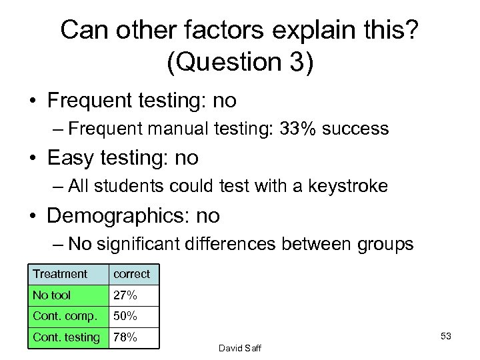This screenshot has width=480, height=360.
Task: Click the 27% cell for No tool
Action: [125, 295]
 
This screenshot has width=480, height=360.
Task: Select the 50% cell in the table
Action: [125, 316]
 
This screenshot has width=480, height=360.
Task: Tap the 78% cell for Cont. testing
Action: [125, 338]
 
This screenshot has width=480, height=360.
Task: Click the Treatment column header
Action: [60, 274]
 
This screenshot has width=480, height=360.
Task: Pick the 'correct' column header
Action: [131, 274]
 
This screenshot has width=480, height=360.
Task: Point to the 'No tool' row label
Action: [51, 295]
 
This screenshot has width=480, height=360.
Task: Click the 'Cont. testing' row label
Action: [66, 338]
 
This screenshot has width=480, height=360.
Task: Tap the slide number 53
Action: [446, 336]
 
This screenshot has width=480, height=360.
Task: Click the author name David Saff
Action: [238, 347]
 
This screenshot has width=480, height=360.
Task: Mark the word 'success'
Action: [357, 129]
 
